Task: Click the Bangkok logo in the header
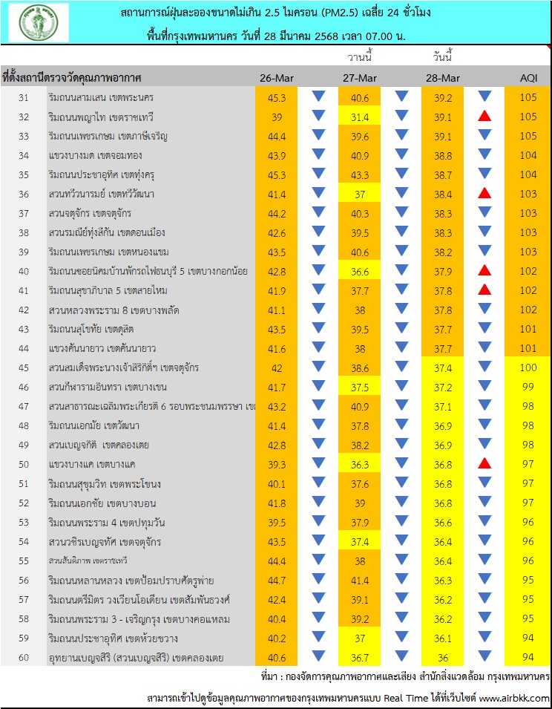coord(39,22)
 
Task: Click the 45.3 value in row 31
coord(277,97)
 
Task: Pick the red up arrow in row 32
coord(485,116)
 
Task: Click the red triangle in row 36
coord(485,193)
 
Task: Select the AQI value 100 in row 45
coord(528,367)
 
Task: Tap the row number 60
coord(23,657)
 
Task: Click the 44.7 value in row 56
coord(277,580)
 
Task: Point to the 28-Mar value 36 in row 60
coord(443,657)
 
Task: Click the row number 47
coord(23,406)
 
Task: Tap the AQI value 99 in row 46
coord(528,387)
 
